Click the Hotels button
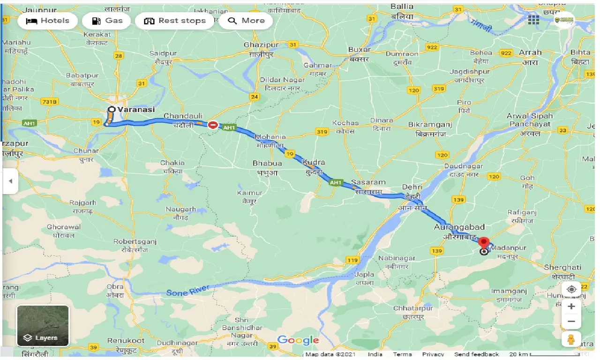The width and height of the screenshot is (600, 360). pyautogui.click(x=47, y=21)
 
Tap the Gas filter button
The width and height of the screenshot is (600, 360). pyautogui.click(x=107, y=21)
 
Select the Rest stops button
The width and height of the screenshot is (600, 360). pyautogui.click(x=175, y=21)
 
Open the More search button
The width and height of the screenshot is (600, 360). pyautogui.click(x=246, y=21)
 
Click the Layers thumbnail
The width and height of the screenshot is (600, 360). pyautogui.click(x=43, y=326)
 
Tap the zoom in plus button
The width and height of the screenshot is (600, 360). pyautogui.click(x=571, y=307)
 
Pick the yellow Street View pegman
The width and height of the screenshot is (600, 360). pyautogui.click(x=571, y=339)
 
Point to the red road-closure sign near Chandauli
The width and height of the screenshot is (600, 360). pyautogui.click(x=213, y=125)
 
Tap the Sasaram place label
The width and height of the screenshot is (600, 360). pyautogui.click(x=370, y=182)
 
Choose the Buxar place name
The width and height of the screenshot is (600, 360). pyautogui.click(x=359, y=50)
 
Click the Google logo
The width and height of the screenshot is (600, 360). pyautogui.click(x=298, y=340)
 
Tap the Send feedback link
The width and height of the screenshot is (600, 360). pyautogui.click(x=476, y=354)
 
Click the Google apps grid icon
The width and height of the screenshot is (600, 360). pyautogui.click(x=533, y=20)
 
